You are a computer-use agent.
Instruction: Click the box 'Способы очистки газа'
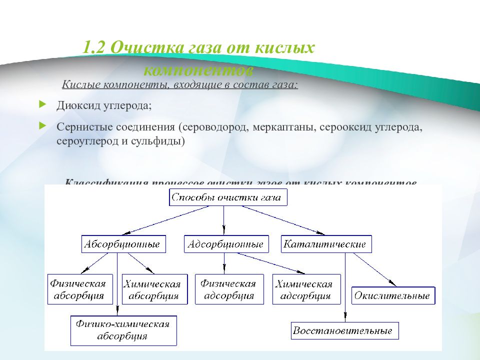pos(228,197)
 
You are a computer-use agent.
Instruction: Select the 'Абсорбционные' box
pos(123,244)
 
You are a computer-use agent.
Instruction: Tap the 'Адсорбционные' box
pos(226,244)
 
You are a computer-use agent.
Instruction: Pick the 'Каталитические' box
pos(325,244)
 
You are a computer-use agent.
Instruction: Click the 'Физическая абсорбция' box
pos(77,289)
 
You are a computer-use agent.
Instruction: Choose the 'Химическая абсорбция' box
pos(152,289)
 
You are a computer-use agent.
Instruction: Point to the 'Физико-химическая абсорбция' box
pos(123,330)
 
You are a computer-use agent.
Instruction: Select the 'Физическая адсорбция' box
pos(228,289)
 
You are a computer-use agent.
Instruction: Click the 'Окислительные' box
pos(393,295)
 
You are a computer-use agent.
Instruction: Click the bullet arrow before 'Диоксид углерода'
pos(42,105)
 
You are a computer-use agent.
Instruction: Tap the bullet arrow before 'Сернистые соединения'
pos(42,125)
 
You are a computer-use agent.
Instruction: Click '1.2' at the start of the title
pos(93,48)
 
